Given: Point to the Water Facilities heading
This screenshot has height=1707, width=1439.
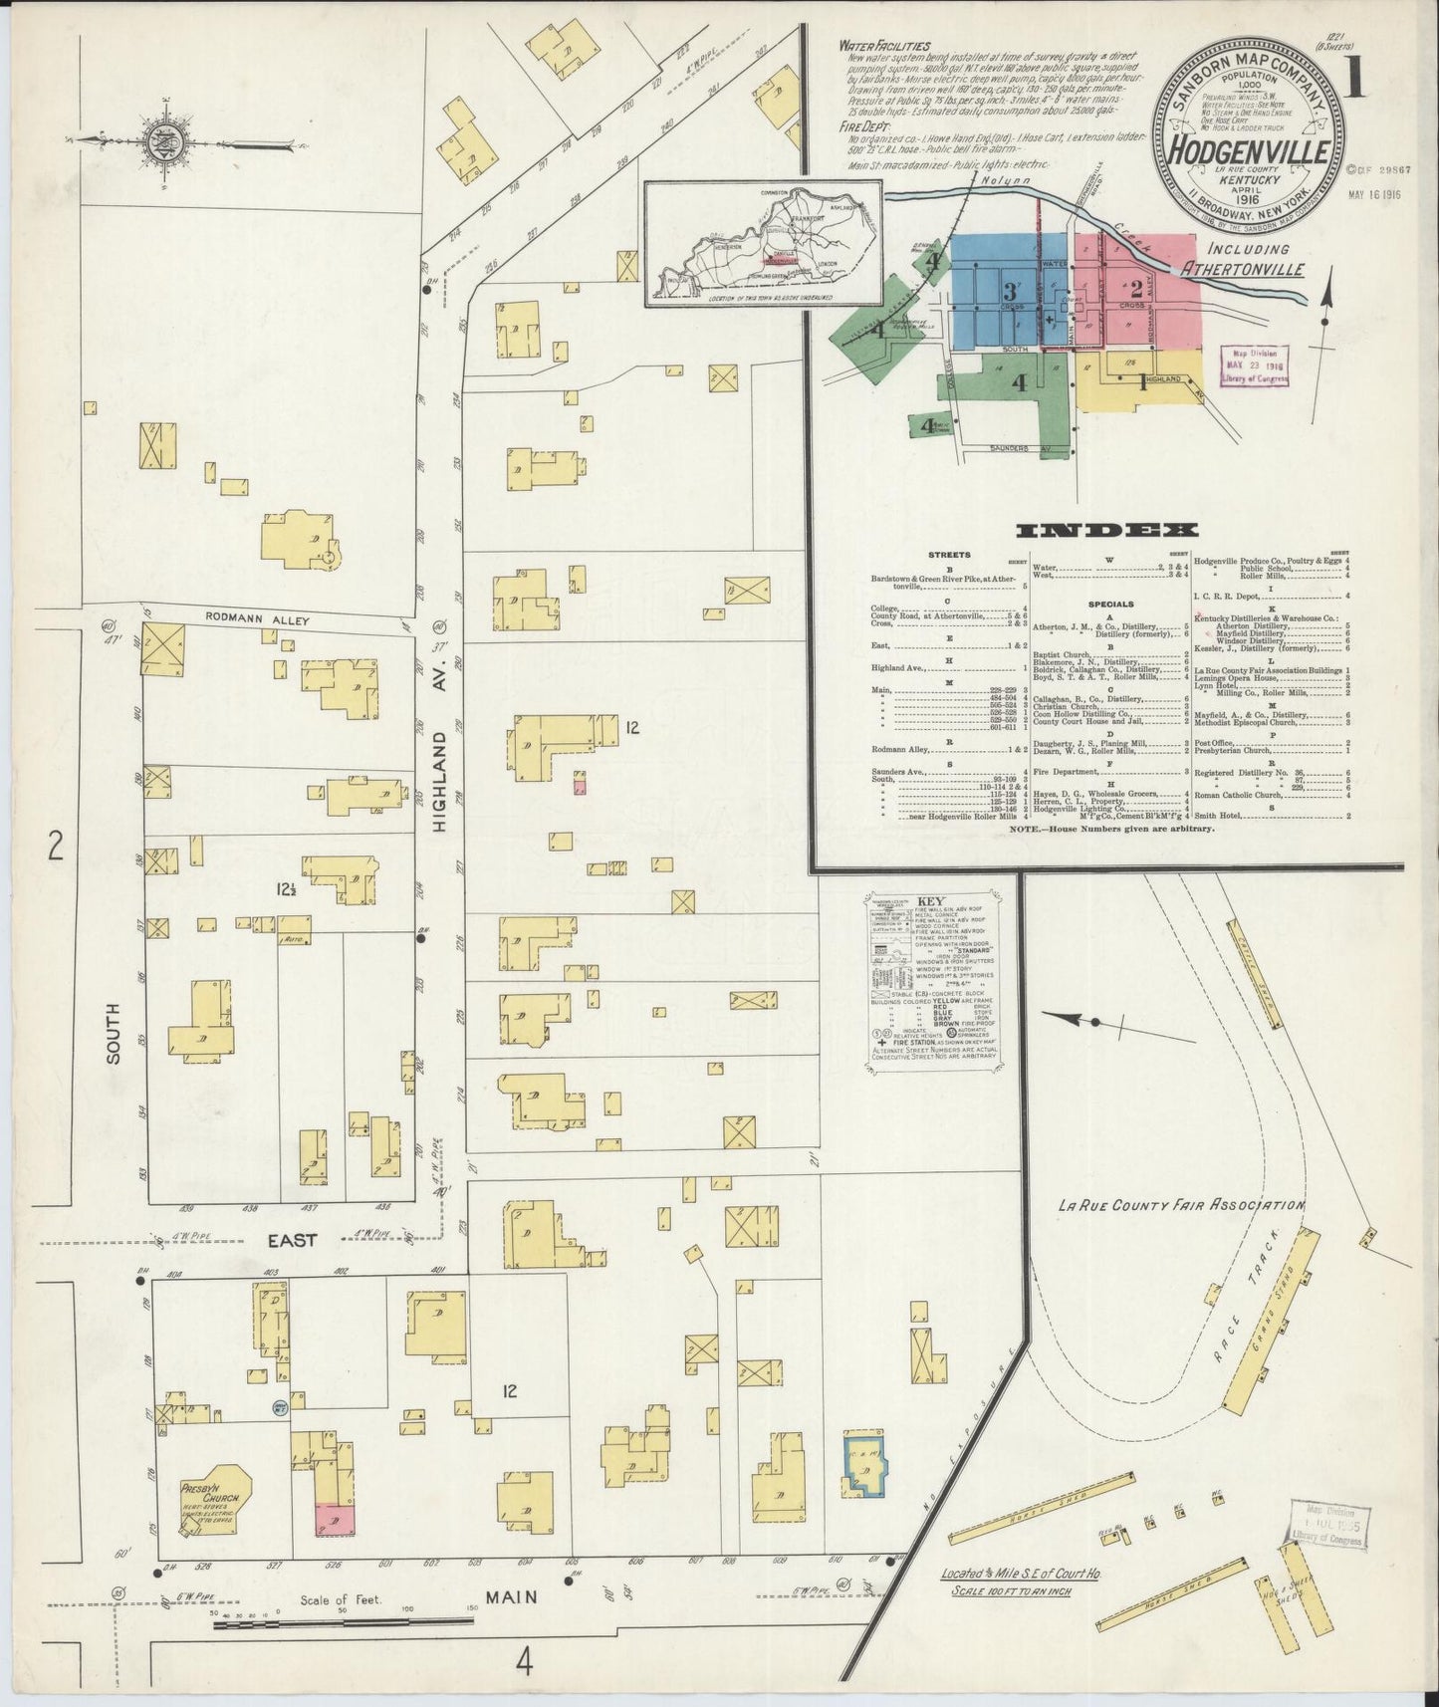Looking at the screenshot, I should click(x=884, y=46).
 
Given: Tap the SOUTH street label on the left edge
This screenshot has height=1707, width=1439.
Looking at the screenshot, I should click(x=113, y=1041).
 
